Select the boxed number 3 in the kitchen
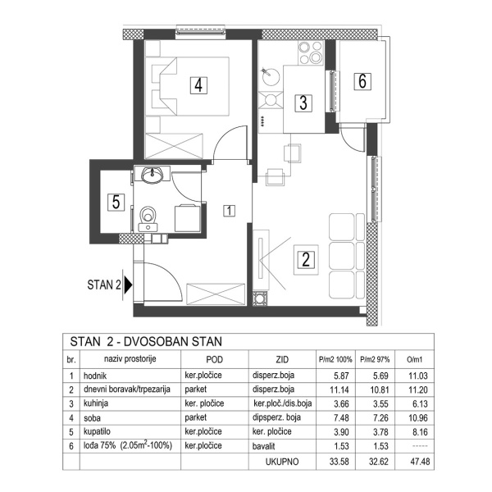pos(303,102)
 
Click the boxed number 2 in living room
pos(305,261)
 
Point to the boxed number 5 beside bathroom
pos(118,202)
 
